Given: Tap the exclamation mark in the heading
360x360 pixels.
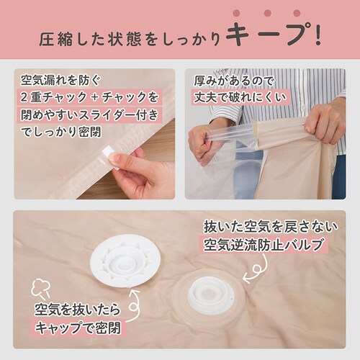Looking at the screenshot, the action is tap(318, 35).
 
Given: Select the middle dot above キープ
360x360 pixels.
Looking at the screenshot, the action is tap(267, 13).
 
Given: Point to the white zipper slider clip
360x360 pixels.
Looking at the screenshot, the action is tap(109, 158).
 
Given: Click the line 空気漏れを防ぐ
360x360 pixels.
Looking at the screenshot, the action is tap(60, 80).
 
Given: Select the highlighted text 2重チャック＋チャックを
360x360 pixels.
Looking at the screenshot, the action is tap(89, 97).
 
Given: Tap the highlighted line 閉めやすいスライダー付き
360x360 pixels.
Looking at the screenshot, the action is tap(89, 114).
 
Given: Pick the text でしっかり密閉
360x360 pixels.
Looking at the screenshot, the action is tap(61, 132).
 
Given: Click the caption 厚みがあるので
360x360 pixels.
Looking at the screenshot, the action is tap(234, 81).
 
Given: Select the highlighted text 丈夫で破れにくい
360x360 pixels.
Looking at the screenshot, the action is tap(240, 97).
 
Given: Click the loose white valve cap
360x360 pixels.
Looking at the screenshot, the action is tap(125, 261).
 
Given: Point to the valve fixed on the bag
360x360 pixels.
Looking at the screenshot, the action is tap(209, 296).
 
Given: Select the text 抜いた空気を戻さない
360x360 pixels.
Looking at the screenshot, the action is tap(271, 227).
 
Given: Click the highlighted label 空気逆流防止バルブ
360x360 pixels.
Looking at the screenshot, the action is tap(263, 244).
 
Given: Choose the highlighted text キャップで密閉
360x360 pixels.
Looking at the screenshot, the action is tap(78, 328).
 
